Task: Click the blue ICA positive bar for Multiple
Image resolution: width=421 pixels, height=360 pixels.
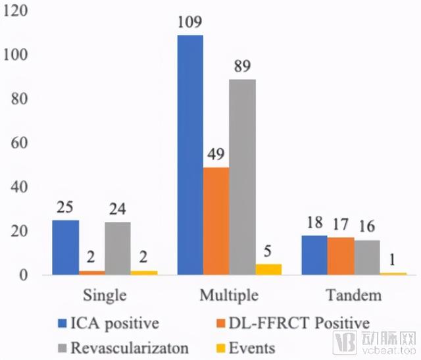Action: click(189, 155)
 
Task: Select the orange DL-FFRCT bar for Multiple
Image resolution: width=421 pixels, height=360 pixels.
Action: click(216, 221)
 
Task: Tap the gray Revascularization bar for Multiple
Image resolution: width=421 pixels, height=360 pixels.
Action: click(242, 177)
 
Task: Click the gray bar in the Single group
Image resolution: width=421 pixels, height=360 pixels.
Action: click(118, 248)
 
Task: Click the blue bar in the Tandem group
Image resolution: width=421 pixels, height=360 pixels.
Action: click(314, 255)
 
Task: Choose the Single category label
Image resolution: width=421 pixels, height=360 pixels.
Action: click(105, 294)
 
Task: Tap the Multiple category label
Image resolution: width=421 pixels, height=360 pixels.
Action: click(229, 294)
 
